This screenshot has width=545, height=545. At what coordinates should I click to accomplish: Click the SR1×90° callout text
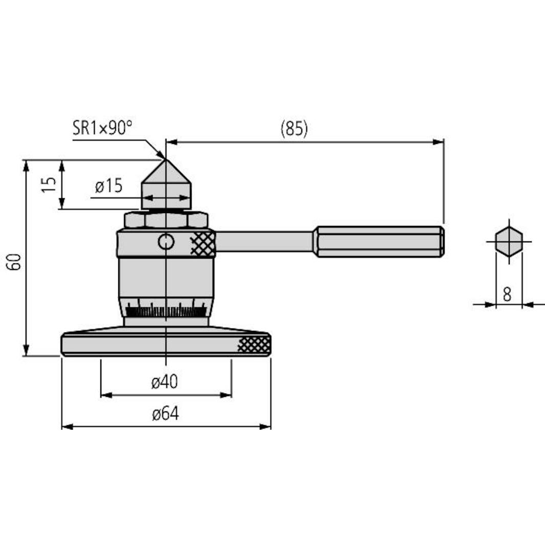point(102,128)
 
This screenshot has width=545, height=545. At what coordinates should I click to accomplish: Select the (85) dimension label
point(294,129)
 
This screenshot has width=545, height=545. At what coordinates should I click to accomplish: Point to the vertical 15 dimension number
point(48,184)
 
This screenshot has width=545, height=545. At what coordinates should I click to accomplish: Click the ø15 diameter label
point(109,186)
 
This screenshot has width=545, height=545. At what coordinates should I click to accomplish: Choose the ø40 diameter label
point(165,382)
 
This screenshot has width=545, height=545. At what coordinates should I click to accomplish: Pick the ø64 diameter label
point(165,414)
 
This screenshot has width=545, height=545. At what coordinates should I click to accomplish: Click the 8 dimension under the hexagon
point(507,294)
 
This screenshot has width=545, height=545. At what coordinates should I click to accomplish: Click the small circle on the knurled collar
point(166,242)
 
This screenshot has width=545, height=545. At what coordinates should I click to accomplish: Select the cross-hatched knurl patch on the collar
point(203,243)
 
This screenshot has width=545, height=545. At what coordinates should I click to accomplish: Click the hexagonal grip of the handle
point(379,241)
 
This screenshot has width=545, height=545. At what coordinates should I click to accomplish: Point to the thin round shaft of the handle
point(264,241)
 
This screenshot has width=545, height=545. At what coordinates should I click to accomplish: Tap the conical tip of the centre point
point(165,172)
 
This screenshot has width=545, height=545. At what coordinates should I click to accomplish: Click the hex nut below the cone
point(166,220)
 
